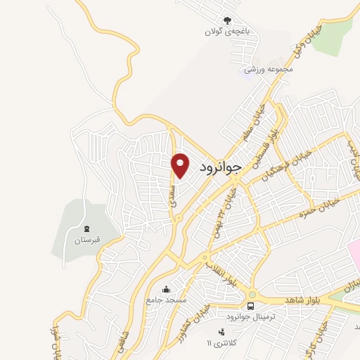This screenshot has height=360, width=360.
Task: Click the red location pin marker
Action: (181, 165)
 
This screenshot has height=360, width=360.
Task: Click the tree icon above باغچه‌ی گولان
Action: (226, 20)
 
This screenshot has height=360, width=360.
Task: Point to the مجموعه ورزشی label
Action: (267, 70)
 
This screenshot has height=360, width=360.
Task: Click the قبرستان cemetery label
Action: (88, 240)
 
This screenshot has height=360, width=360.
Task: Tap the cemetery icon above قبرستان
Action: (87, 228)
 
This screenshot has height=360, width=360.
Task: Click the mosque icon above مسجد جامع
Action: (167, 288)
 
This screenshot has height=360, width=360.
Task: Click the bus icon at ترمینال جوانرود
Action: (250, 305)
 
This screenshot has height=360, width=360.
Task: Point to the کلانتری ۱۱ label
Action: (218, 343)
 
